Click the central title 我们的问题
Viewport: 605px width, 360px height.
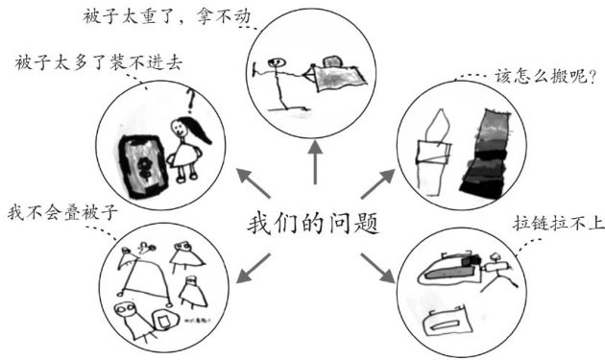click(313, 224)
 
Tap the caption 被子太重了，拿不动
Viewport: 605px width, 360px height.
click(167, 16)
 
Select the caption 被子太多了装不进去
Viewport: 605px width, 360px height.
click(99, 63)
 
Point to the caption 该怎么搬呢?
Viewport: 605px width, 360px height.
click(545, 77)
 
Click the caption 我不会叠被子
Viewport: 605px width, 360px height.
click(62, 212)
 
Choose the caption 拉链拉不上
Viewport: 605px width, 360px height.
click(559, 224)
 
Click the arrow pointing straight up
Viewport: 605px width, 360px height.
click(315, 162)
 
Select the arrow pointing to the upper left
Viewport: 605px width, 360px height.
click(254, 183)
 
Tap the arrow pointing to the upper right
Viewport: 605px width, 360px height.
click(378, 183)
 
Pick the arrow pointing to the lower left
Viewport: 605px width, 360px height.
click(254, 268)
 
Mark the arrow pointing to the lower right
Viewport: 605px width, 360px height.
click(378, 268)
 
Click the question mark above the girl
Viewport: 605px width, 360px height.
click(190, 100)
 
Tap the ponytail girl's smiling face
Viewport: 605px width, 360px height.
click(180, 128)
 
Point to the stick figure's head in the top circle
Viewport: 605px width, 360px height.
click(278, 61)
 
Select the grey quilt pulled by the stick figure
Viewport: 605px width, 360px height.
click(340, 77)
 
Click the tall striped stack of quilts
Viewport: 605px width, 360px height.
click(485, 154)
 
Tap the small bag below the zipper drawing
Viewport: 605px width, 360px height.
click(448, 322)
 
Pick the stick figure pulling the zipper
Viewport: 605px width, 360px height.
click(497, 272)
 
